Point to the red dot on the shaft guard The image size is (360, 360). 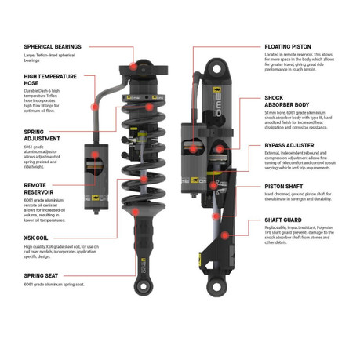[x=224, y=233]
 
